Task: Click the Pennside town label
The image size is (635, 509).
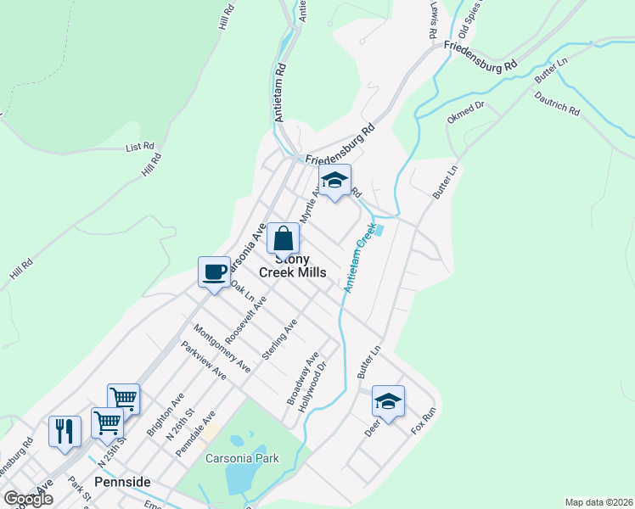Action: pos(122,482)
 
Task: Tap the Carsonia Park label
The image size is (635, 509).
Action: pos(243,458)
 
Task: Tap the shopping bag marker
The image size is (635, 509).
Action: pos(283,238)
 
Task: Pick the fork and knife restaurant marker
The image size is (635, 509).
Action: pos(65,430)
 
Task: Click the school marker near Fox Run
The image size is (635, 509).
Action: pos(388,400)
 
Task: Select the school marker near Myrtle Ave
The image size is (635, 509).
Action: pos(335,180)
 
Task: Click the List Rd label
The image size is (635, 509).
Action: pos(139,147)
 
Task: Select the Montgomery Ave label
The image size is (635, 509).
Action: pos(222,348)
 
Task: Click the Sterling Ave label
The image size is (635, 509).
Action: pos(279,339)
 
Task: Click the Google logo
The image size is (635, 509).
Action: pos(28,498)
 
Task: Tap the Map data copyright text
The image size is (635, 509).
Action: pos(598,501)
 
